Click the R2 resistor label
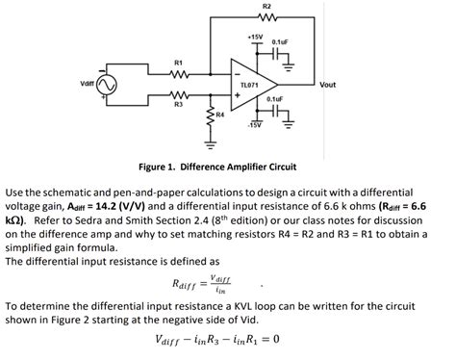266,6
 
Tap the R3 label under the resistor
179,104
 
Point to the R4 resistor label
220,114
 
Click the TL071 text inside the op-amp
249,85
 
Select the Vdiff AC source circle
107,85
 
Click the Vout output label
327,85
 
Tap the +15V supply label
255,38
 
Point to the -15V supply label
255,125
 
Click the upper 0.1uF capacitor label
280,41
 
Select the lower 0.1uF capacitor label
275,99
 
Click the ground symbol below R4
211,145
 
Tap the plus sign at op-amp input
238,95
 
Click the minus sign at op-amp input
238,74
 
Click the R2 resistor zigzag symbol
266,16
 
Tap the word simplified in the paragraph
27,248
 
